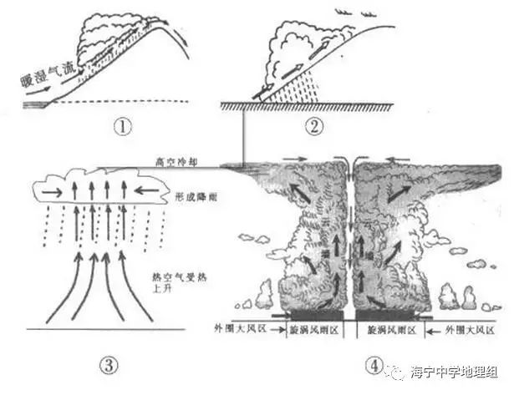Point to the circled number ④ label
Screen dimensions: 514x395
point(373,365)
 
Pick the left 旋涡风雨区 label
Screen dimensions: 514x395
point(310,330)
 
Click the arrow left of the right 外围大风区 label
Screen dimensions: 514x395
point(430,331)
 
